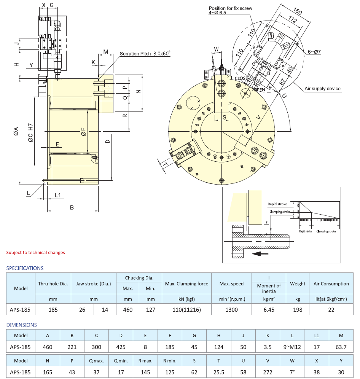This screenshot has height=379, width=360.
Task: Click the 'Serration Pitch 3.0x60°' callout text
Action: click(145, 54)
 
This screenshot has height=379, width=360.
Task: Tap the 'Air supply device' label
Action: click(322, 89)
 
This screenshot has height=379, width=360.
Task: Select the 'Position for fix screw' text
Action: click(230, 8)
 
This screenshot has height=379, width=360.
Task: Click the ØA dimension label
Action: click(16, 131)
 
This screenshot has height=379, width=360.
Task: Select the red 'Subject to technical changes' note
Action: click(35, 252)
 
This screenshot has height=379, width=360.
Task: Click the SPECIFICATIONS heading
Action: click(25, 268)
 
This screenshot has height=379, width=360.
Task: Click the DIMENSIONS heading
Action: click(21, 325)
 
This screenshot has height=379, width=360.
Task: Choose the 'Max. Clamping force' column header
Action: click(186, 284)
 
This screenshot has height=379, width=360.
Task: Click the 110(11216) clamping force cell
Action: click(186, 309)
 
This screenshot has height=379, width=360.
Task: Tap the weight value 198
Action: click(298, 309)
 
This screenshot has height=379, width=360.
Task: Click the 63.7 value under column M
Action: click(340, 347)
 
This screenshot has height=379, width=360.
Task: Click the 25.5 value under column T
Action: click(218, 372)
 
